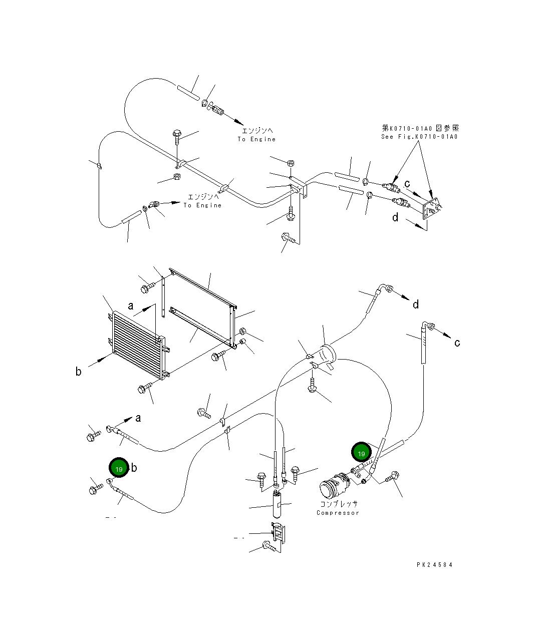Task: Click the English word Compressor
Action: (338, 513)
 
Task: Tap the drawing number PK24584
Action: (434, 564)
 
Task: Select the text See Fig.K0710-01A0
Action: (419, 137)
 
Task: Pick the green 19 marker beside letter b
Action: (119, 468)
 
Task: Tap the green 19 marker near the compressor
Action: (362, 452)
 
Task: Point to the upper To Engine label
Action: (256, 139)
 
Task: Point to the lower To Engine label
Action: (202, 205)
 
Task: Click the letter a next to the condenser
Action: (131, 305)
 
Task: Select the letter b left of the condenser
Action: (78, 372)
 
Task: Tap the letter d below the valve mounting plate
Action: (396, 217)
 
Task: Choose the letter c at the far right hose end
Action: (457, 343)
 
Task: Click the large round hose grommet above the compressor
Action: (328, 354)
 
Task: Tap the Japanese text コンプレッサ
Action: (339, 504)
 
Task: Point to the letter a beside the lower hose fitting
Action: (138, 418)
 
